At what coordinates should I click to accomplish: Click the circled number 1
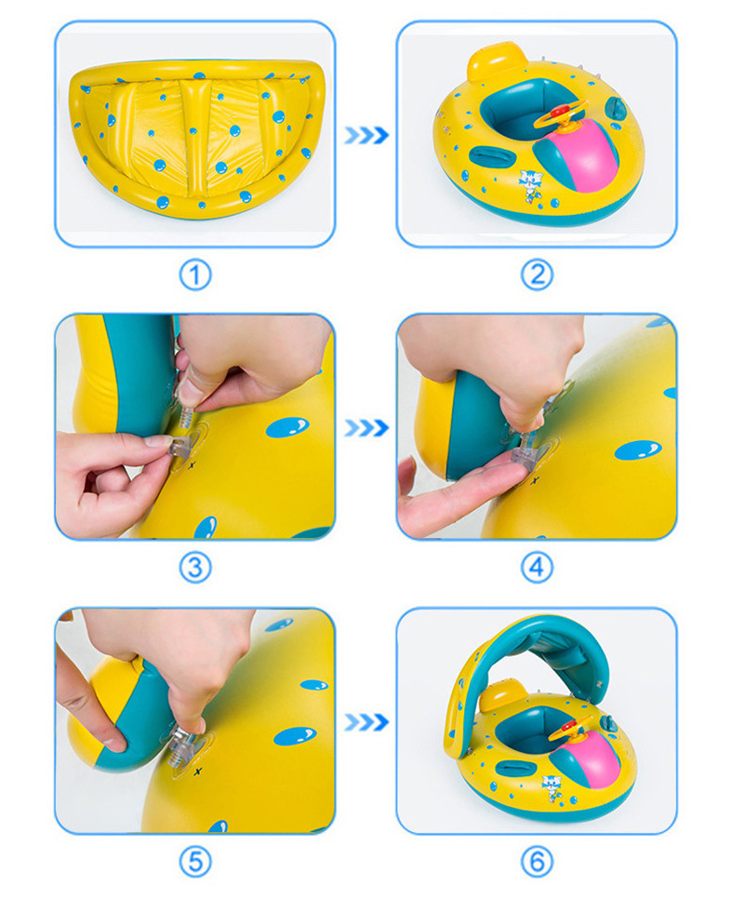[194, 275]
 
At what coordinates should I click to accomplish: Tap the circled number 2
[537, 275]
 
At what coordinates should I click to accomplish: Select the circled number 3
[194, 567]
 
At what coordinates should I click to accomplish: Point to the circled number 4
[537, 567]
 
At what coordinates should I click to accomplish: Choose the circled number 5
[194, 861]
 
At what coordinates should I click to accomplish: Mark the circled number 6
[537, 861]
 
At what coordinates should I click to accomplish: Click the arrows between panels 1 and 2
[365, 136]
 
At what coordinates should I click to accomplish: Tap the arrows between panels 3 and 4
[365, 428]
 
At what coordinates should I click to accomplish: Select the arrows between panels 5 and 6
[365, 722]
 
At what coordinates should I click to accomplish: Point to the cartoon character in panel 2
[531, 184]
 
